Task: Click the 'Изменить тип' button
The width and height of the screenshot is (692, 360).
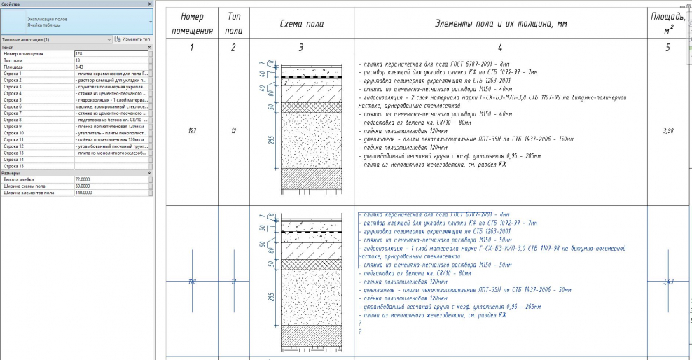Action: point(132,39)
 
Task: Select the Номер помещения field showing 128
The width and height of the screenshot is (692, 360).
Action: point(111,53)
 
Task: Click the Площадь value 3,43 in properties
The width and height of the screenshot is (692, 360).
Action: point(111,67)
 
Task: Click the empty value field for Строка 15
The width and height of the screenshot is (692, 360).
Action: point(111,166)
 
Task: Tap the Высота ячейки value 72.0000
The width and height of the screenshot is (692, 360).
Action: point(111,179)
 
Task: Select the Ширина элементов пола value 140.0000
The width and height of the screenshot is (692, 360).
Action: point(111,193)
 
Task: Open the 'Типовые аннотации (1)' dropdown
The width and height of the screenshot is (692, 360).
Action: point(56,39)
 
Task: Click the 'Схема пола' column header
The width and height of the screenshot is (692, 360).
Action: point(300,23)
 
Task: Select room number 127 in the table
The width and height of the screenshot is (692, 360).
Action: point(191,131)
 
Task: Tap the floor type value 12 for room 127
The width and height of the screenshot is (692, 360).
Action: point(233,131)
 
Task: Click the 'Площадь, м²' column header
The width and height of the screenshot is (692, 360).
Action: point(668,23)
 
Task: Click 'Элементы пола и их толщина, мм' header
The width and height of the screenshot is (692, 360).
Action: point(500,23)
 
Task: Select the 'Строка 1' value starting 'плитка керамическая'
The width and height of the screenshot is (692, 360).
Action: point(111,74)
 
